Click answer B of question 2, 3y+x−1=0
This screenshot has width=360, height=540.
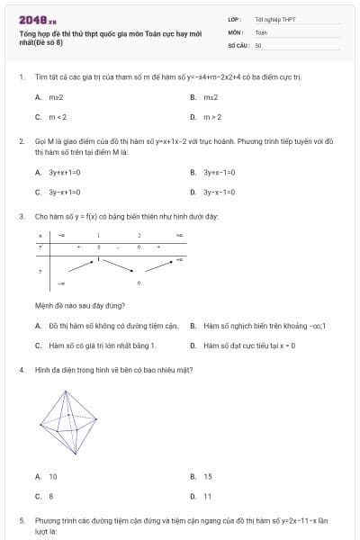[220, 172]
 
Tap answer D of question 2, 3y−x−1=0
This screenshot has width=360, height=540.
[220, 193]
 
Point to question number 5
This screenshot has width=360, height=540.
[22, 520]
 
